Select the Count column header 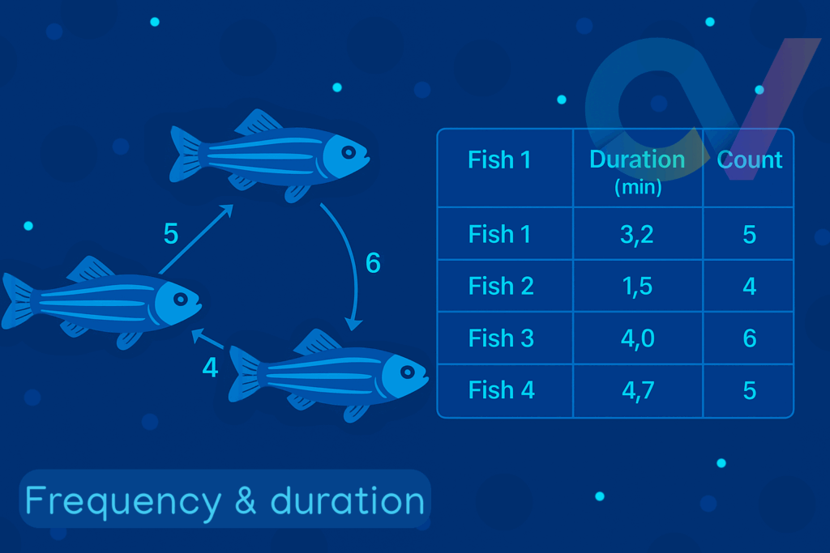click(750, 160)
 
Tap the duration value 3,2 click(637, 234)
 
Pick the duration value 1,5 click(637, 286)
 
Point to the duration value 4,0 click(638, 338)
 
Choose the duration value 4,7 click(638, 391)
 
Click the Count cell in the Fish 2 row click(750, 286)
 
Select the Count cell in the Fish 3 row click(750, 338)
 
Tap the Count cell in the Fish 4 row click(750, 391)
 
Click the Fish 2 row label click(501, 286)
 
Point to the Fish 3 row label click(501, 338)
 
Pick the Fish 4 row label click(501, 390)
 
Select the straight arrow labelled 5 click(196, 239)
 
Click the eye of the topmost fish click(349, 153)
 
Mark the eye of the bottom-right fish click(407, 372)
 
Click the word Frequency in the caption click(123, 502)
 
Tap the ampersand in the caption click(245, 500)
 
